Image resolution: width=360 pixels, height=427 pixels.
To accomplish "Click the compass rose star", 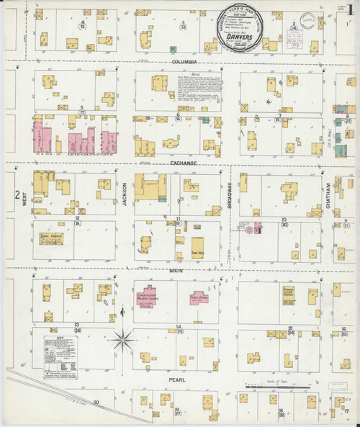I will pos(123,336).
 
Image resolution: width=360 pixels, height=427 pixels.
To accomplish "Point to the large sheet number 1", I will pos(348,14).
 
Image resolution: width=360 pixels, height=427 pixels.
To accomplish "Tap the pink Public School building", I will pos(199,297).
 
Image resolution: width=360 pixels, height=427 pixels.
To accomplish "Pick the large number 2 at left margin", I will pos(16,194).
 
